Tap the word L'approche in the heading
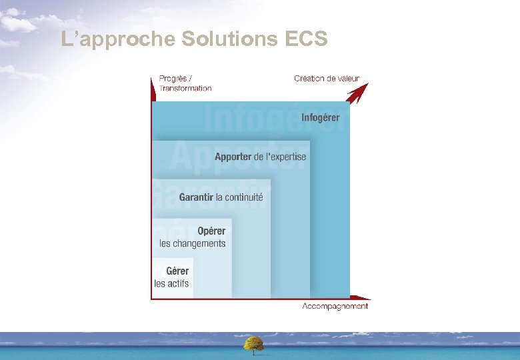118,40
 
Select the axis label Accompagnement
335,306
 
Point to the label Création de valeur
326,78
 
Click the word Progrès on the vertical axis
173,78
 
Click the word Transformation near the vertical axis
185,88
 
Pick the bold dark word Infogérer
320,118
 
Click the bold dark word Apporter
233,157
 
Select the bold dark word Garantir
196,197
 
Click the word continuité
244,197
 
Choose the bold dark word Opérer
211,231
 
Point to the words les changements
192,243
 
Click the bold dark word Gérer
177,271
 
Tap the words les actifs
171,283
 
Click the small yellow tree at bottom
253,343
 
